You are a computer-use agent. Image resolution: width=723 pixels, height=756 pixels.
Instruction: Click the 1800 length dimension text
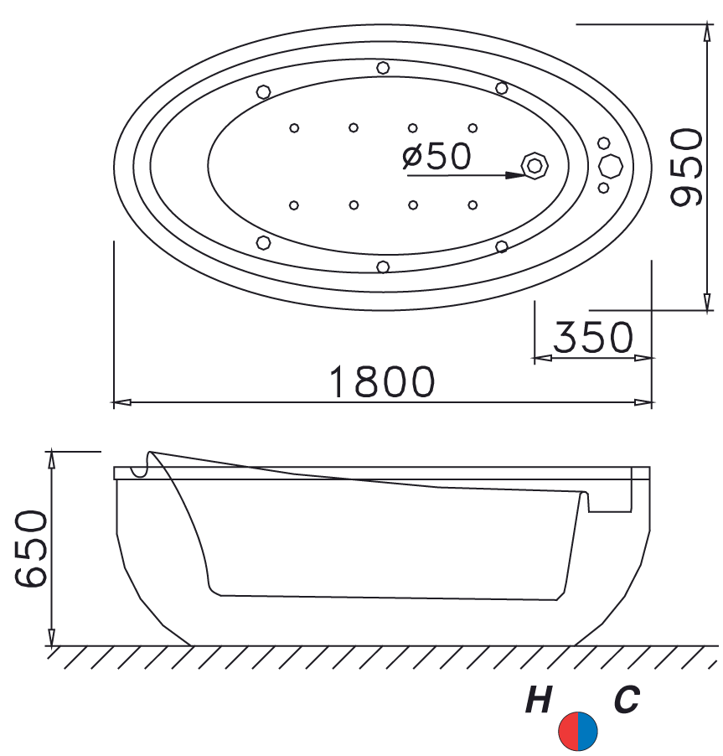[x=382, y=381]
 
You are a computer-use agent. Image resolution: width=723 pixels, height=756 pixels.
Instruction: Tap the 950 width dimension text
[x=686, y=168]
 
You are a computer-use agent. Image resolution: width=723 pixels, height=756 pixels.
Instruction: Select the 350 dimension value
[x=593, y=337]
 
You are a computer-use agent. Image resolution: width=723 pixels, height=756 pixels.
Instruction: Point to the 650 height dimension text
[x=31, y=549]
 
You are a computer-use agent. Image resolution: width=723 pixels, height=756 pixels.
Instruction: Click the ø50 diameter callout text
[x=436, y=156]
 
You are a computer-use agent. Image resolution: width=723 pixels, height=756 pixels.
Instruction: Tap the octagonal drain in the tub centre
[x=535, y=166]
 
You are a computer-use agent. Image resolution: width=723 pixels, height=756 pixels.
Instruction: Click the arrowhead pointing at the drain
[x=514, y=175]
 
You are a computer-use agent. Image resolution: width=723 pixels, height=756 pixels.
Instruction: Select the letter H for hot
[x=539, y=700]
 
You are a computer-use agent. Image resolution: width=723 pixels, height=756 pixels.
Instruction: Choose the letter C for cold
[x=627, y=700]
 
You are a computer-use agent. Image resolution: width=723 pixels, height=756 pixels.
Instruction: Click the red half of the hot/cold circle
[x=569, y=731]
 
